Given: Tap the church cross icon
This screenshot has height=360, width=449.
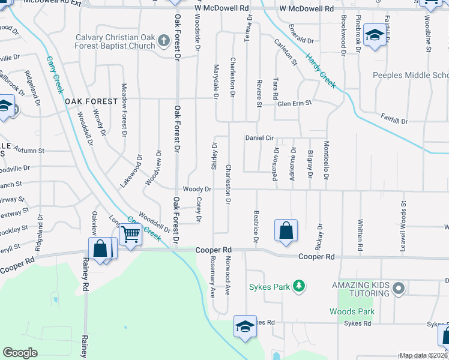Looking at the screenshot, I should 162,41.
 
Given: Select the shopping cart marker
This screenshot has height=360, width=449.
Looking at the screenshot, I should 130,235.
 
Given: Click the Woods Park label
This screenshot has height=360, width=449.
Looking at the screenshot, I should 352,311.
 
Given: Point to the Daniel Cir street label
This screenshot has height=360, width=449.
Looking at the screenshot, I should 259,138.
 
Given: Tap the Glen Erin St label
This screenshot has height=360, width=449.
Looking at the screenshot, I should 295,103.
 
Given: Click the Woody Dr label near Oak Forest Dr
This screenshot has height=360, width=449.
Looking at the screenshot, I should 197,189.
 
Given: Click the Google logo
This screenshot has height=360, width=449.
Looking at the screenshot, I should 20,353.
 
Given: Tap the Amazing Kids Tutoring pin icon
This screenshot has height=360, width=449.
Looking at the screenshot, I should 397,290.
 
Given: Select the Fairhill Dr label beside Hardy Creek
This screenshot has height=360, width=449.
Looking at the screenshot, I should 394,119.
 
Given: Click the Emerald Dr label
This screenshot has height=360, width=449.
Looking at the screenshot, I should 301,41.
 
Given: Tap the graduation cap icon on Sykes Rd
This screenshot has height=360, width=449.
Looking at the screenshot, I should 245,327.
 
